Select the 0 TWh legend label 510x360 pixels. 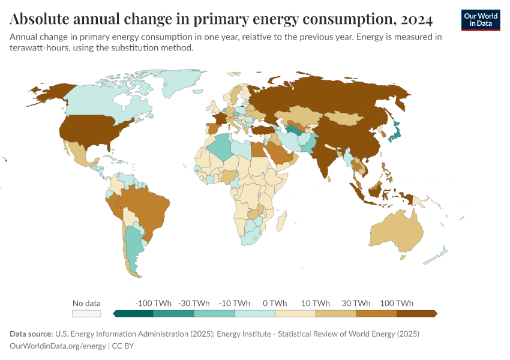[x=275, y=303]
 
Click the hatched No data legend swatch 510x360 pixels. [x=86, y=313]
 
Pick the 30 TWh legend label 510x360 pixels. [x=356, y=303]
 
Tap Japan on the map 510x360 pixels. [x=395, y=131]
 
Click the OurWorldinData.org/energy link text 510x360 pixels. [x=58, y=346]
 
